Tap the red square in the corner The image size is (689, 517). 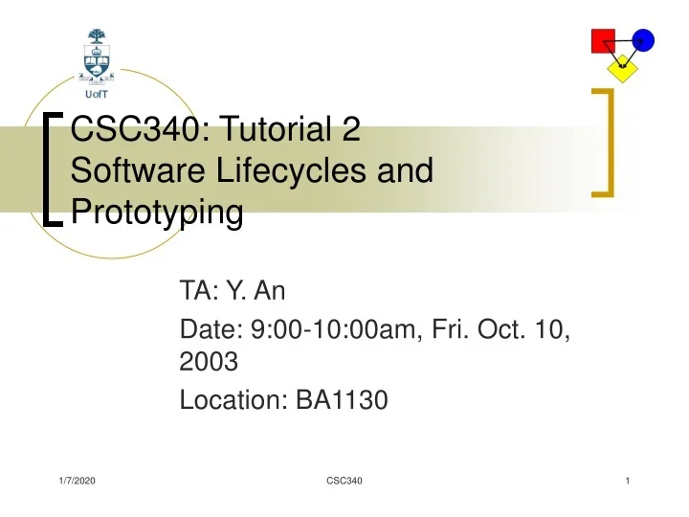603,41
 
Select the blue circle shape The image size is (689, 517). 642,40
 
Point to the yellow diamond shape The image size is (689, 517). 623,67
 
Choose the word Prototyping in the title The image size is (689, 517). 157,212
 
